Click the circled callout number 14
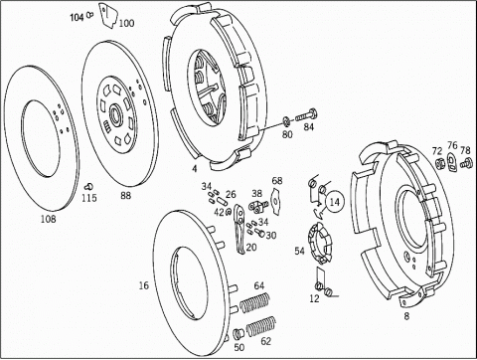click(x=335, y=202)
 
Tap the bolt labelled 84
click(x=306, y=115)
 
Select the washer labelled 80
click(x=286, y=122)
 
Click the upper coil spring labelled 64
click(x=254, y=302)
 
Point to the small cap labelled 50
click(x=238, y=334)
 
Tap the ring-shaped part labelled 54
click(x=319, y=244)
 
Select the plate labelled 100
click(x=107, y=15)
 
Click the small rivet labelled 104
click(x=89, y=15)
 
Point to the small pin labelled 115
click(x=88, y=186)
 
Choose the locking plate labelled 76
click(x=452, y=161)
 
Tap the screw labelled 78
click(x=466, y=163)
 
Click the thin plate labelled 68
click(x=275, y=199)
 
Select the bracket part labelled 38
click(x=258, y=206)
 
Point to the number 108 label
click(x=49, y=219)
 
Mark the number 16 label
click(x=144, y=285)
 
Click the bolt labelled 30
click(x=260, y=233)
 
